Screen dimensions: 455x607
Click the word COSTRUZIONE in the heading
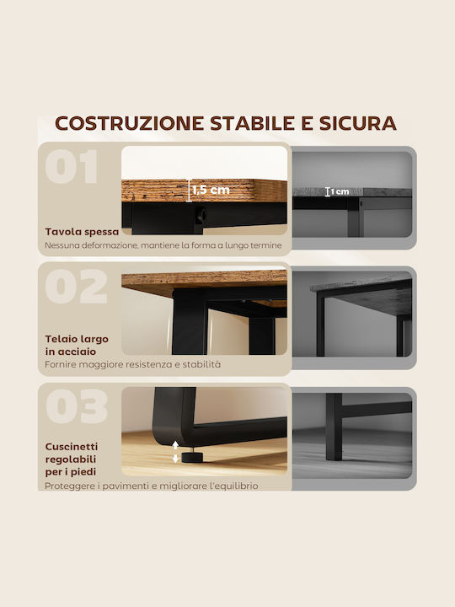pyautogui.click(x=129, y=123)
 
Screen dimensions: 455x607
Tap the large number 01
pyautogui.click(x=72, y=166)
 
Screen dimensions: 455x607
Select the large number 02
pyautogui.click(x=76, y=287)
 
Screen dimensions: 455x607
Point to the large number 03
pyautogui.click(x=76, y=406)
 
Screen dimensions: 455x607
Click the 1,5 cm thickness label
pyautogui.click(x=211, y=190)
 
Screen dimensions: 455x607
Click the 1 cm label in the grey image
pyautogui.click(x=340, y=191)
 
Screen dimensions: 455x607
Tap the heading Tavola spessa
pyautogui.click(x=82, y=232)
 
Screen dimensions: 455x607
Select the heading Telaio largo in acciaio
pyautogui.click(x=77, y=345)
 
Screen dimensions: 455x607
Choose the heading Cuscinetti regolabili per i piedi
pyautogui.click(x=72, y=459)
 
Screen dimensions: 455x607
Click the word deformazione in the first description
pyautogui.click(x=110, y=245)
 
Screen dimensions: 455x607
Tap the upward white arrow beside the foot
pyautogui.click(x=175, y=444)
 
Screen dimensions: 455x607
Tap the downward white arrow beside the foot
pyautogui.click(x=175, y=459)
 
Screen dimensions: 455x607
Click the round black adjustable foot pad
pyautogui.click(x=192, y=457)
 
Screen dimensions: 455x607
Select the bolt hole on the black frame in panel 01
pyautogui.click(x=201, y=216)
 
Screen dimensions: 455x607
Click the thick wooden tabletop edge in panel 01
pyautogui.click(x=204, y=191)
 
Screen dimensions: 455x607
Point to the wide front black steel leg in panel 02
pyautogui.click(x=190, y=322)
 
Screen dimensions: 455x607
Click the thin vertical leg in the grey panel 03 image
pyautogui.click(x=334, y=427)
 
